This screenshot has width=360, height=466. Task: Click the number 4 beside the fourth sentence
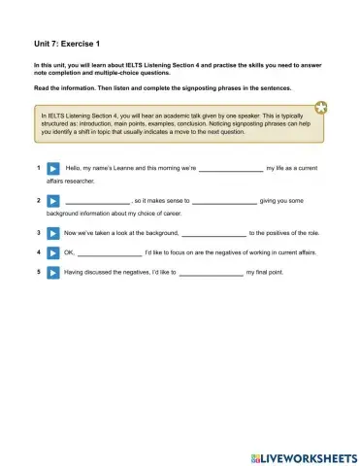coord(37,253)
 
